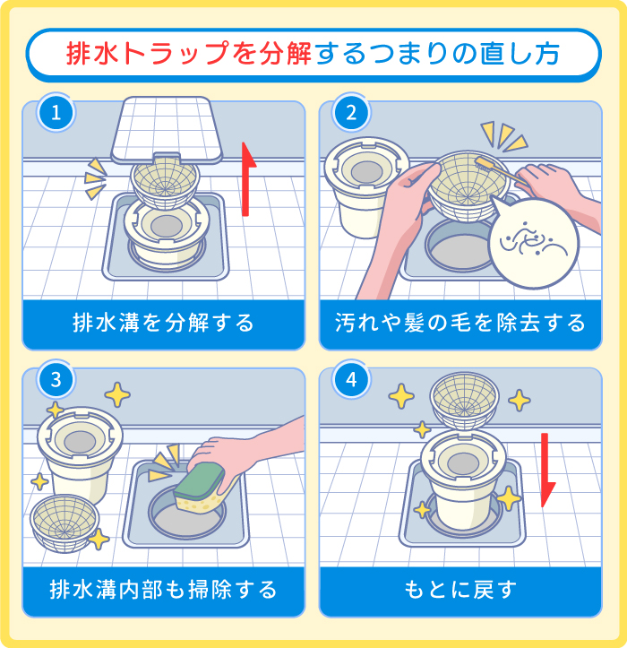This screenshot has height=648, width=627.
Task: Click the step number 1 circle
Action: pyautogui.click(x=56, y=114)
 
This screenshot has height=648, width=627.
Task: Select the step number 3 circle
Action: pyautogui.click(x=56, y=380)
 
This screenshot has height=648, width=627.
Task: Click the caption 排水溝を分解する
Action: pyautogui.click(x=164, y=323)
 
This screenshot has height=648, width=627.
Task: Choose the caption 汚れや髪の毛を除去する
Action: pyautogui.click(x=460, y=323)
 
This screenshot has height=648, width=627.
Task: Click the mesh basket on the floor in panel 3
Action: pyautogui.click(x=66, y=524)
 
